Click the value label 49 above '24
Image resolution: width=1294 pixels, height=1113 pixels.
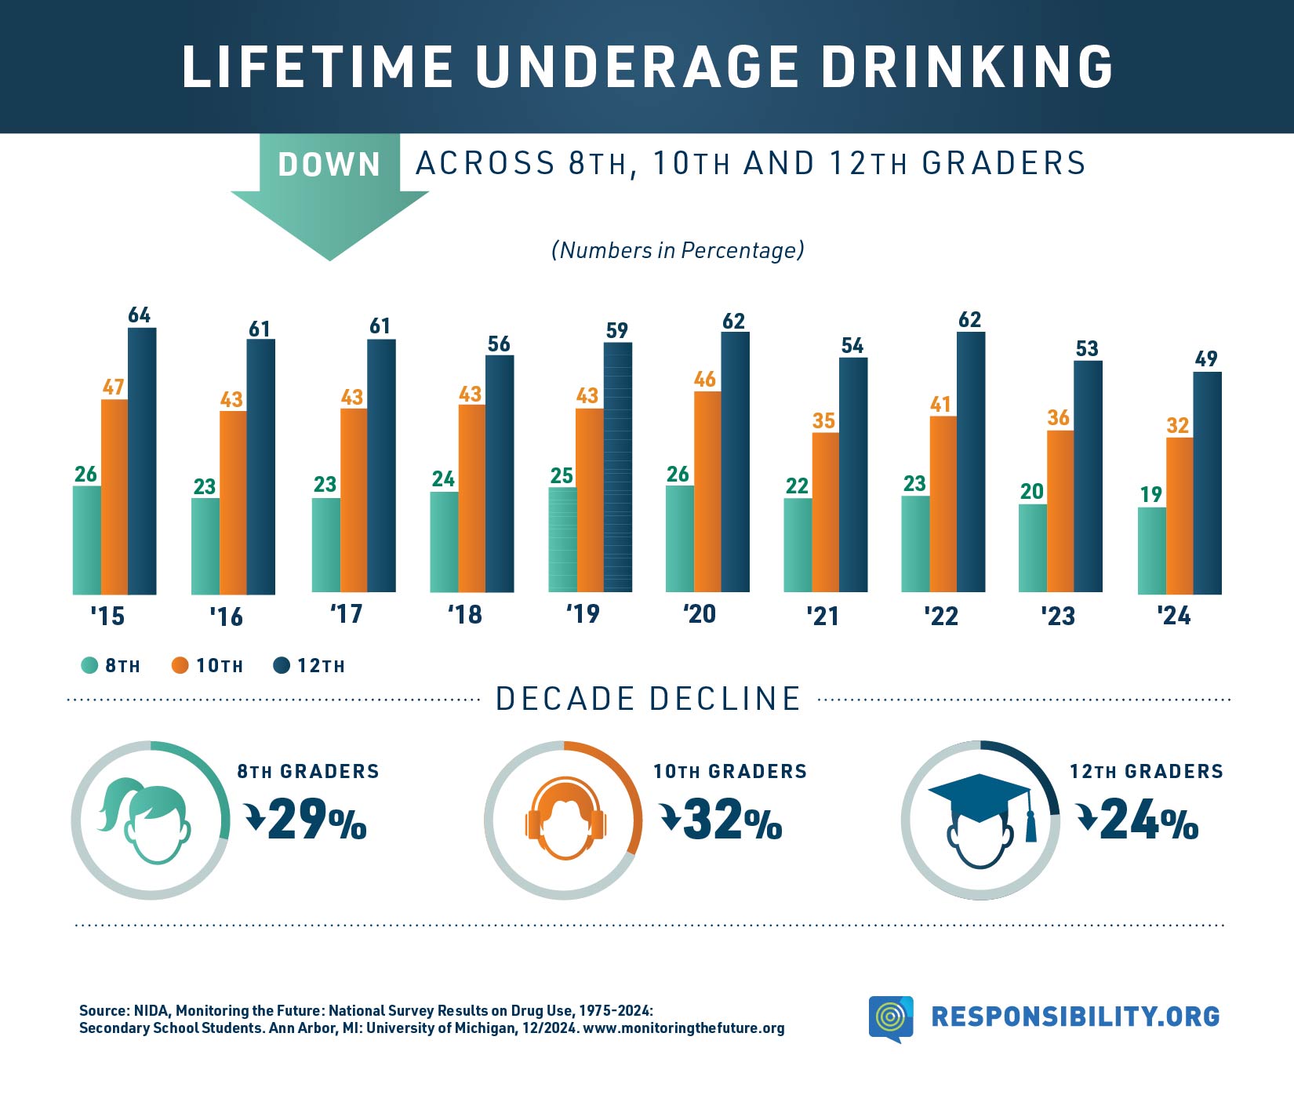pos(1206,359)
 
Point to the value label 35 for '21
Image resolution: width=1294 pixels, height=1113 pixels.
pos(823,421)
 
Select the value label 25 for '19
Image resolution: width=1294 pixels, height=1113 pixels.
pos(562,475)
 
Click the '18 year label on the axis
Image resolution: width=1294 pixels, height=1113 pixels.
pos(464,614)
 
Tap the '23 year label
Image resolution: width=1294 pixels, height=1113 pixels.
pos(1057,616)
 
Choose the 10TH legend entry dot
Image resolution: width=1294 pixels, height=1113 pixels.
pos(180,666)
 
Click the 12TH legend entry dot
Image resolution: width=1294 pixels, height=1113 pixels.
pos(282,666)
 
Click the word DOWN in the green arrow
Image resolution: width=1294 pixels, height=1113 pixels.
pos(329,165)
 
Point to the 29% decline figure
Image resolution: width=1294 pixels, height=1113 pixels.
pos(316,820)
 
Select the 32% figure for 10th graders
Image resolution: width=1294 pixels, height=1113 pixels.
pos(732,820)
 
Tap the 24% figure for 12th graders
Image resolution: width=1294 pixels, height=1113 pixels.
pos(1148,820)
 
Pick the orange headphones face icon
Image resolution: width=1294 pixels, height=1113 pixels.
pos(565,820)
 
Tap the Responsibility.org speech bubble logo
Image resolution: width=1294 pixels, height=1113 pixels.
pos(891,1017)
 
